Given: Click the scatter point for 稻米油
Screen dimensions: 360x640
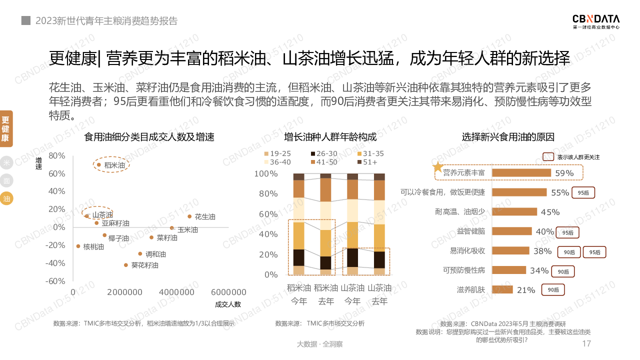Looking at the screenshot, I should [99, 164].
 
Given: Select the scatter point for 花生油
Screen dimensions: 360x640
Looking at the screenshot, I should [189, 216].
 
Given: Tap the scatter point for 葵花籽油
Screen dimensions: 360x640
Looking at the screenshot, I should [126, 265].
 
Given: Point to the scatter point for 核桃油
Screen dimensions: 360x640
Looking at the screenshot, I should [78, 246].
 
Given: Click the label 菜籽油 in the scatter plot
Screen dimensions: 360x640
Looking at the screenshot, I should [167, 238].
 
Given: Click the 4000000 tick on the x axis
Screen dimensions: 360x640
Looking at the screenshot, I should [178, 292].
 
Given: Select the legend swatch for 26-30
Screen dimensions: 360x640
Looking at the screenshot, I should [313, 153].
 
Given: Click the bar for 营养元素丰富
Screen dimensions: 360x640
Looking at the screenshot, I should [521, 173].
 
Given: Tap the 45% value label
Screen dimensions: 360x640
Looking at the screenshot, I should [550, 212].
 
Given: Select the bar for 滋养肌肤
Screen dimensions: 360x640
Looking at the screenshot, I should [502, 289].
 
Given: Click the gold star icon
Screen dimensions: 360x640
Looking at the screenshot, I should [438, 167].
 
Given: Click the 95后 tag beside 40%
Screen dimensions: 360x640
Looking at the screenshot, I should [567, 232].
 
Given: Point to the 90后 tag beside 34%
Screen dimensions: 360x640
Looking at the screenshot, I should [563, 271].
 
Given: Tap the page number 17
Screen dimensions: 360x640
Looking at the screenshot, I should [587, 344].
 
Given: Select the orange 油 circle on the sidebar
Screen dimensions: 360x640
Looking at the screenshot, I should [6, 198].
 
